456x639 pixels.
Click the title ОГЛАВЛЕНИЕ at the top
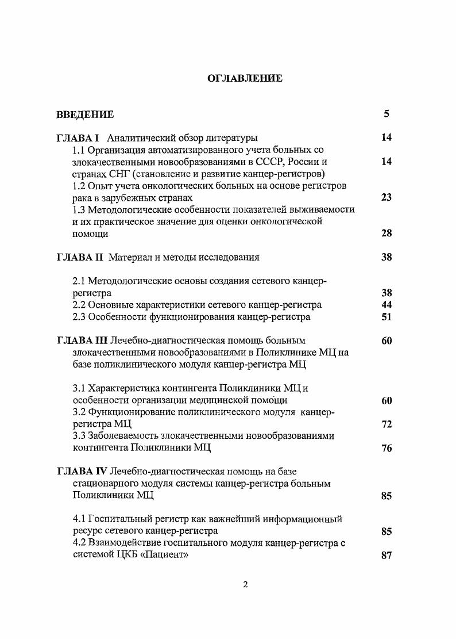click(245, 78)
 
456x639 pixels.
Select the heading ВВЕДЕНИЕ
click(85, 114)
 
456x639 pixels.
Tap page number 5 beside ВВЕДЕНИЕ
click(387, 114)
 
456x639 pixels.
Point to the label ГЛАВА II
click(80, 257)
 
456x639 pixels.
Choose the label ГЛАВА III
click(82, 340)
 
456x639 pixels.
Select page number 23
click(387, 197)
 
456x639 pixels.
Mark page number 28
click(387, 234)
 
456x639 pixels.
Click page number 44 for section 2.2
click(387, 305)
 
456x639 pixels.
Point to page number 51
click(387, 317)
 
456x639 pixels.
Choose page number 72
click(387, 424)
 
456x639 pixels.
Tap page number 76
click(387, 449)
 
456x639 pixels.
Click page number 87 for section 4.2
click(387, 556)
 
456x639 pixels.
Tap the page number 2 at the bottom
click(245, 586)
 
